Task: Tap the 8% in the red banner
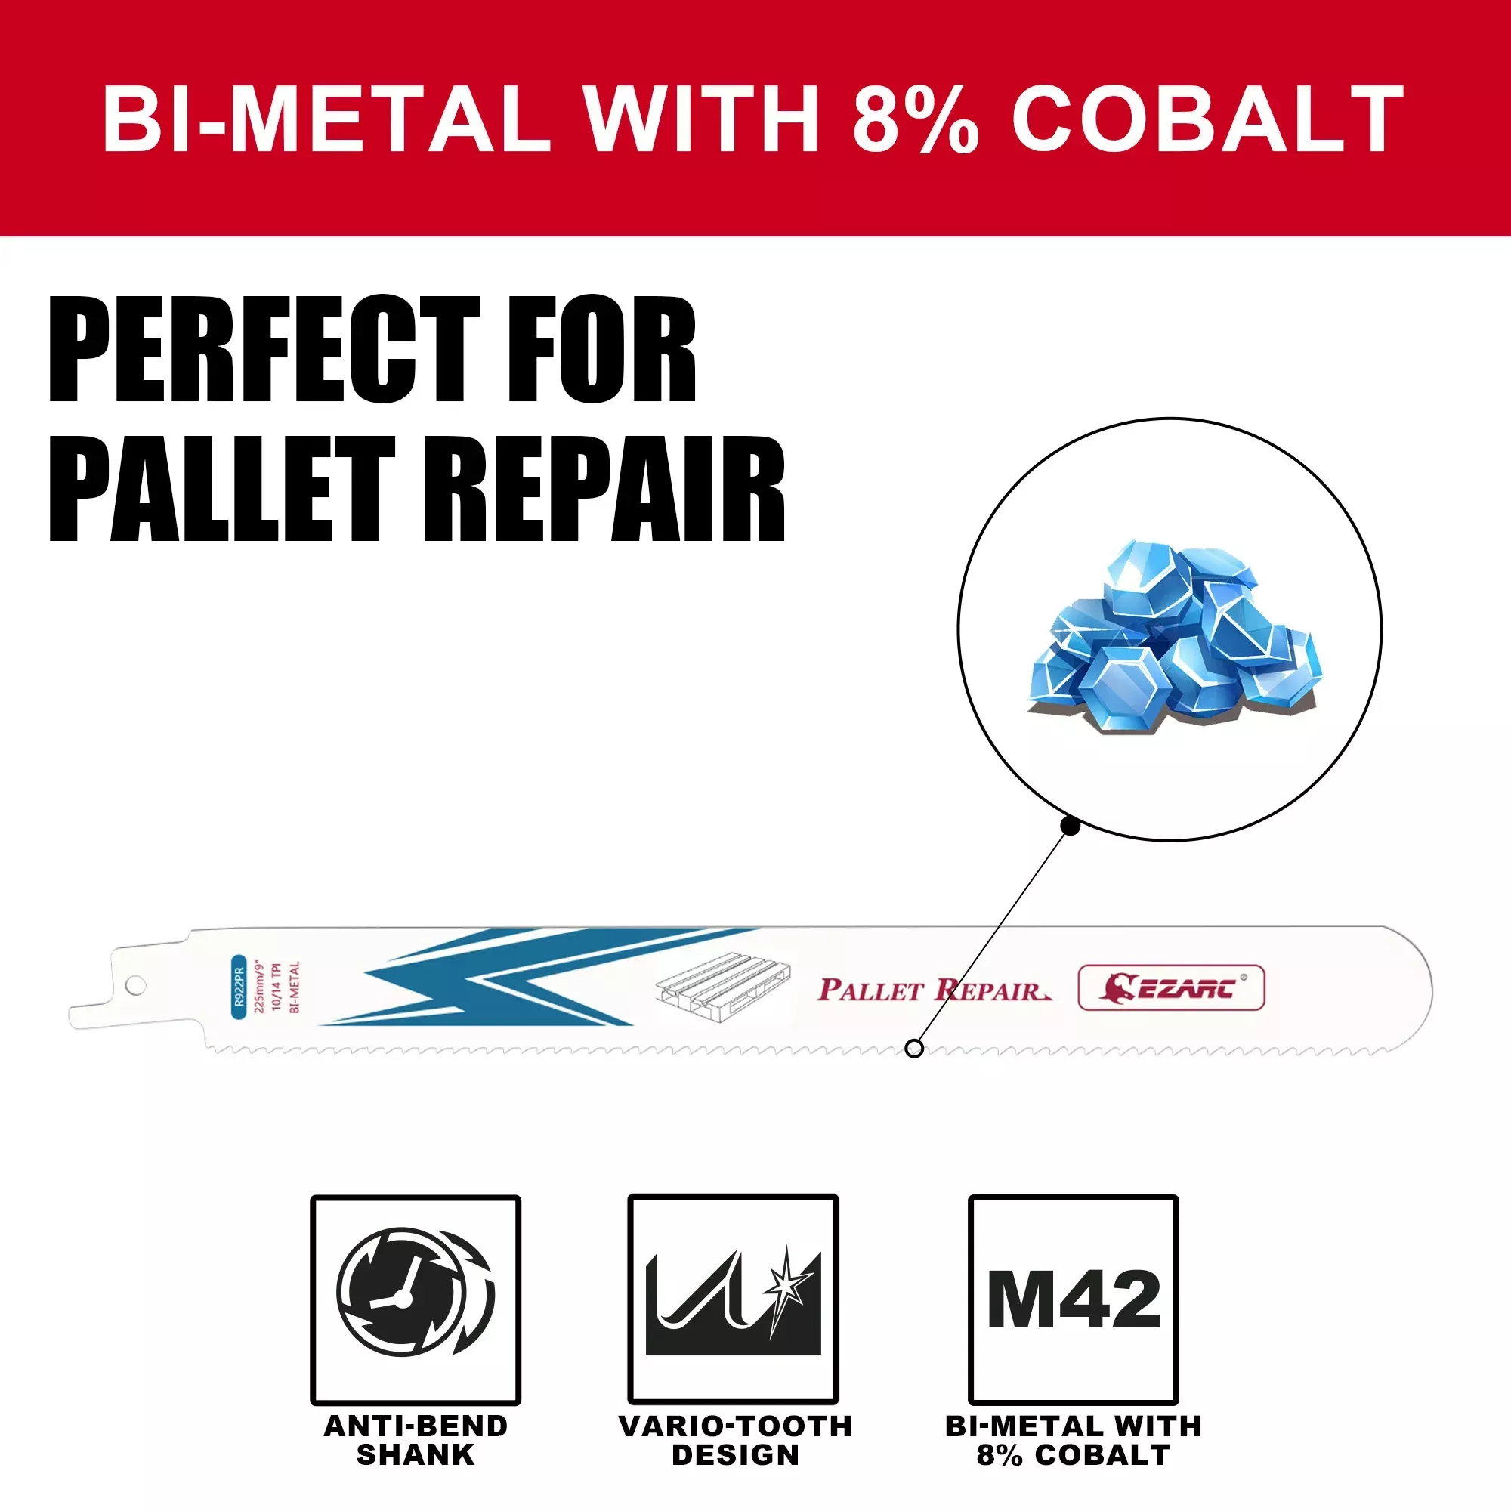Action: click(915, 119)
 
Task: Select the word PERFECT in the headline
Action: click(264, 350)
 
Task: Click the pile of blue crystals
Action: click(1172, 636)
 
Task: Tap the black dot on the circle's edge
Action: click(1071, 826)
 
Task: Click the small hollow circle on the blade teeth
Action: click(913, 1049)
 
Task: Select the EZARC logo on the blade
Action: click(1171, 987)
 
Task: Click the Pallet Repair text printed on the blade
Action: click(935, 990)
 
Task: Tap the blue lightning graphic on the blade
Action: click(539, 977)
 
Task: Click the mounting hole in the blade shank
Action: click(135, 985)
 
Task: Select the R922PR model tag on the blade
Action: click(239, 987)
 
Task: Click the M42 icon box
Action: click(1073, 1299)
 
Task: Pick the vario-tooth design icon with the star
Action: click(733, 1299)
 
